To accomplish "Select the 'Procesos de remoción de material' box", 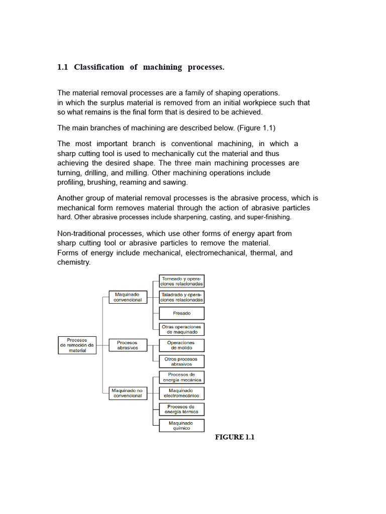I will click(77, 345).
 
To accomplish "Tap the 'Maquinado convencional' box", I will click(128, 297).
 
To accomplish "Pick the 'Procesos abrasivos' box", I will click(127, 345).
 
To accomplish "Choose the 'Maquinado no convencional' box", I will click(128, 393).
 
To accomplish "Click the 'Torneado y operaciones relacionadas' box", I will click(181, 281).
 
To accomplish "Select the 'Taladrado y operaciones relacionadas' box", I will click(181, 297).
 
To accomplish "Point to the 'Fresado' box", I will click(181, 313).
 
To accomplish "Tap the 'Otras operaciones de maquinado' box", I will click(181, 329).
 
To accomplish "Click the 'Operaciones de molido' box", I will click(181, 345).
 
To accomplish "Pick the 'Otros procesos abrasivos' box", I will click(181, 361).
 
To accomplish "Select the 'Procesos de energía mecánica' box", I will click(181, 377).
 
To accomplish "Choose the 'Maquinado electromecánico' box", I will click(181, 393).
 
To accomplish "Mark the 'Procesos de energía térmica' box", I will click(181, 409).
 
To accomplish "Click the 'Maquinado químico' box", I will click(181, 426).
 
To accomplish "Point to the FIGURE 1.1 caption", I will click(235, 437).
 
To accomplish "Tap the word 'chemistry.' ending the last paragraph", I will click(74, 263).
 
